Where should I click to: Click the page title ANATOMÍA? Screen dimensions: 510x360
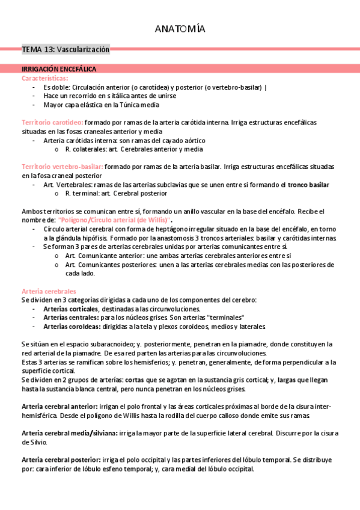180,29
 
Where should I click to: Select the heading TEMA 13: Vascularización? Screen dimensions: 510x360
66,49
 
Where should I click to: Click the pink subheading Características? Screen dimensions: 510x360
45,78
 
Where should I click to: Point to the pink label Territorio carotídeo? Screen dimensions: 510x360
52,122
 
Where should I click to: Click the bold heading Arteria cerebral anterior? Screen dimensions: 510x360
61,407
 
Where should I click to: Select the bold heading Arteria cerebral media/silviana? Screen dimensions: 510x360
69,433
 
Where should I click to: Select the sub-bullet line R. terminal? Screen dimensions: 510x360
116,194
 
